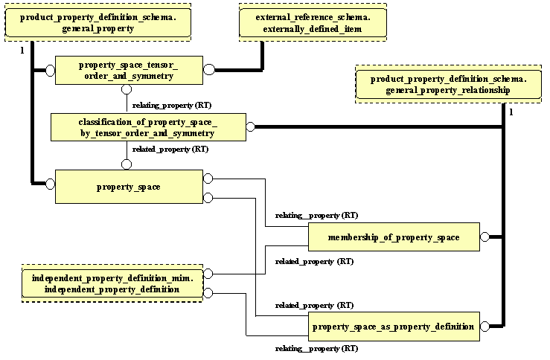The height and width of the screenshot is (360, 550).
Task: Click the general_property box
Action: point(98,22)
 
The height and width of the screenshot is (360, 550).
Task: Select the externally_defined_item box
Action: point(312,22)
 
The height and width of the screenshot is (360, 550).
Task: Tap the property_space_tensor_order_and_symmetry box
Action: point(127,70)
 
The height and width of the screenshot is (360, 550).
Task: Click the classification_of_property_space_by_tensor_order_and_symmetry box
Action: point(147,127)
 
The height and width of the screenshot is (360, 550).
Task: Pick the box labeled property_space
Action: point(128,187)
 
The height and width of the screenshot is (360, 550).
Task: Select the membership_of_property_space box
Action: point(394,237)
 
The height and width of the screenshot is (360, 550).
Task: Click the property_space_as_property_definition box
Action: point(394,327)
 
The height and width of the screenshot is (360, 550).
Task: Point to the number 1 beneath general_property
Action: point(22,50)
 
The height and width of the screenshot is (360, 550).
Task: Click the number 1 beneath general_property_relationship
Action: point(511,112)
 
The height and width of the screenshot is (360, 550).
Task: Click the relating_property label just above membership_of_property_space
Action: point(316,216)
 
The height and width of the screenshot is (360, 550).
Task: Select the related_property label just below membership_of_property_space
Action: point(314,261)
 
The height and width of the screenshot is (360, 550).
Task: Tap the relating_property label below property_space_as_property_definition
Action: point(316,348)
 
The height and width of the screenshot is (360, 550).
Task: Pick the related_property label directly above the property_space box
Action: point(170,149)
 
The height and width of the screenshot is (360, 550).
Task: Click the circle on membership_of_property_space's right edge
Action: point(485,237)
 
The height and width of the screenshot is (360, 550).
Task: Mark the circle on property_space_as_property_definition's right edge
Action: point(485,327)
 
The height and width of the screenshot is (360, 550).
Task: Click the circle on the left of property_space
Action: point(51,183)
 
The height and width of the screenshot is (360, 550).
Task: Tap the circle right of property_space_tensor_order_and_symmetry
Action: point(209,70)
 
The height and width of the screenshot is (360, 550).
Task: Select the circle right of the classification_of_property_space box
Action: point(250,127)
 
